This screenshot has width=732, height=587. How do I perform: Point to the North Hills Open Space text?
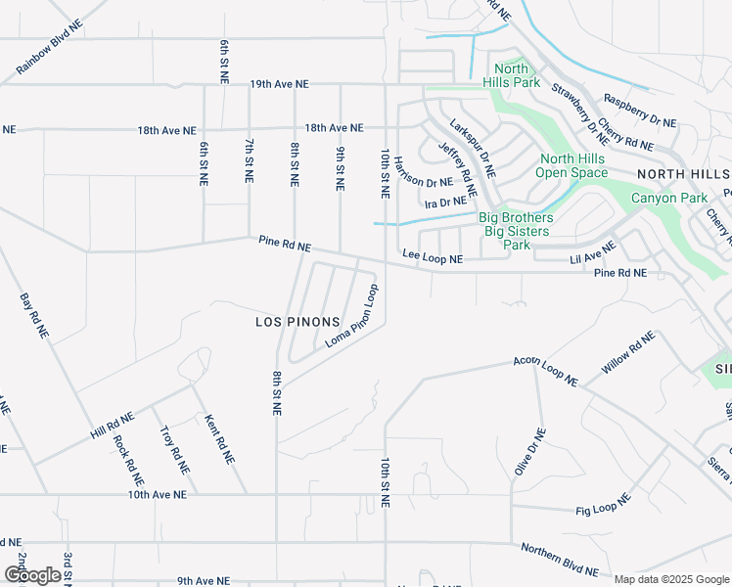(x=573, y=166)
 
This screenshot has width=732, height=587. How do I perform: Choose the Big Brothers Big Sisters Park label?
(x=516, y=231)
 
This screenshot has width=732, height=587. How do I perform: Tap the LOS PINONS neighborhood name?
(x=297, y=322)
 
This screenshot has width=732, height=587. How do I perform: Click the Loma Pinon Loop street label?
(x=351, y=316)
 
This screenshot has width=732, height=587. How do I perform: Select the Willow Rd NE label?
(x=627, y=353)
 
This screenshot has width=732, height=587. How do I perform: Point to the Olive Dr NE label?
(x=529, y=452)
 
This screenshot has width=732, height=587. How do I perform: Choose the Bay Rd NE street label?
(x=34, y=314)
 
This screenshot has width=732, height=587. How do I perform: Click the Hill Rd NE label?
(x=110, y=424)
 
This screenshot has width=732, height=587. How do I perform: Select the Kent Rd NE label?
(x=218, y=439)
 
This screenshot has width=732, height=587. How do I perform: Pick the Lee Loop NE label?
(x=433, y=258)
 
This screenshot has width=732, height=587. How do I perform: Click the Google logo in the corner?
(x=32, y=575)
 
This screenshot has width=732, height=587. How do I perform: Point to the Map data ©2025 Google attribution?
(x=671, y=579)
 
